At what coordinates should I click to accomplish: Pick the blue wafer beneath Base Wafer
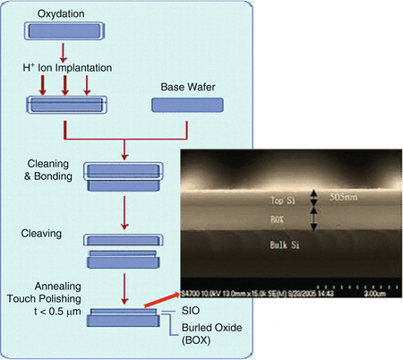pyautogui.click(x=181, y=105)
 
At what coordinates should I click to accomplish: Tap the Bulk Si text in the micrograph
pyautogui.click(x=283, y=243)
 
